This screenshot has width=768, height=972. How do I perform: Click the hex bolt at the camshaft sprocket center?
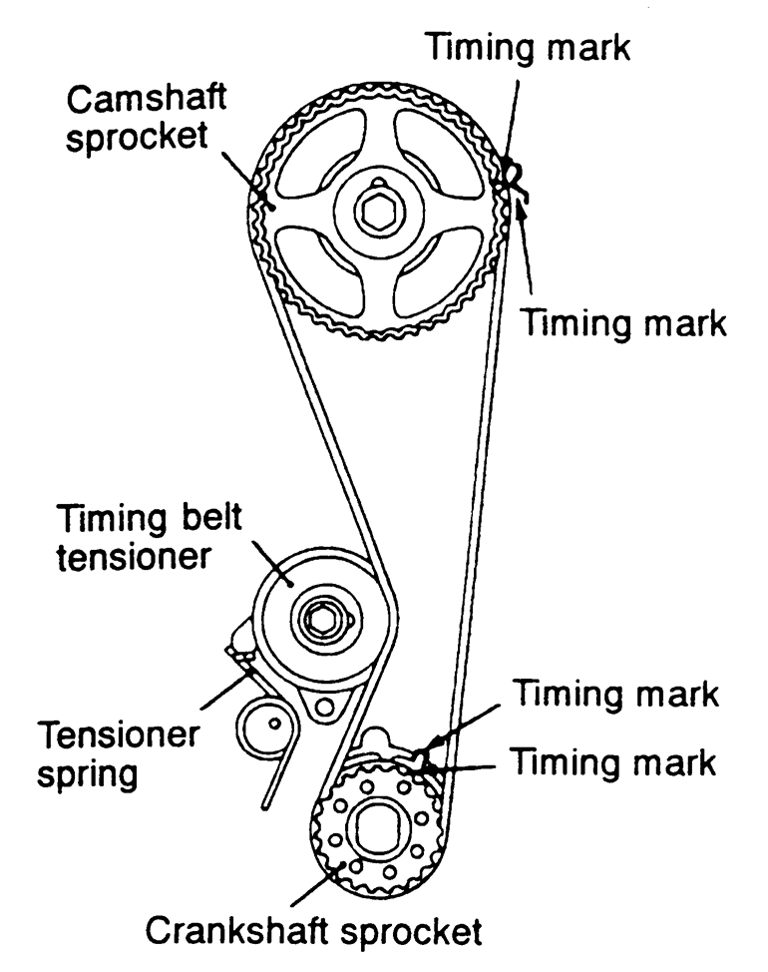(378, 212)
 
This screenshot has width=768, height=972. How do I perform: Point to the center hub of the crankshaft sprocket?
(377, 825)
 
